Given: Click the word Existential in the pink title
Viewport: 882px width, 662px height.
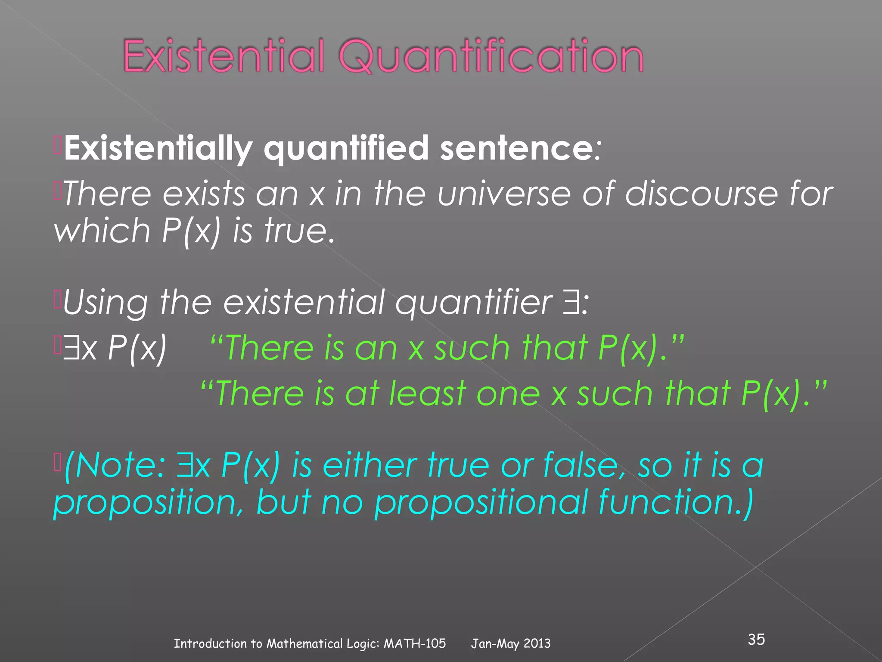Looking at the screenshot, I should coord(223,56).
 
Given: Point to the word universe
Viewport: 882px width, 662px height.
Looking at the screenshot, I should coord(504,194).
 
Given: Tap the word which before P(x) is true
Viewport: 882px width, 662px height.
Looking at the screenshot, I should coord(102,231).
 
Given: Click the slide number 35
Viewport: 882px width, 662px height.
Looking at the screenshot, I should coord(756,639).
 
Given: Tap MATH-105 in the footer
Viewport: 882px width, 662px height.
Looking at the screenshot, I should coord(414,643).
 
